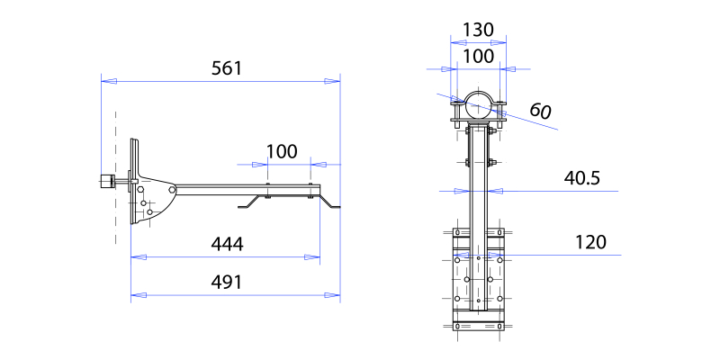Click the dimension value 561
(x=226, y=68)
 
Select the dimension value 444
(x=227, y=244)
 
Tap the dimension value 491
(x=226, y=283)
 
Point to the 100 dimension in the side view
(x=282, y=151)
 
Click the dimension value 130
(x=478, y=30)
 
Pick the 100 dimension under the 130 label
(x=478, y=57)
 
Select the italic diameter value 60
(x=540, y=111)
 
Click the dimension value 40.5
(x=581, y=178)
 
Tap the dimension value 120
(x=590, y=242)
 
